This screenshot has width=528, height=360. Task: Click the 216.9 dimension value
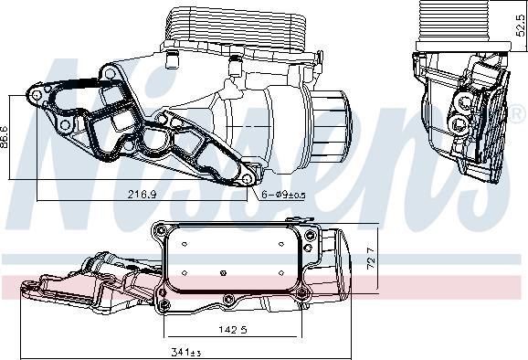click(x=142, y=194)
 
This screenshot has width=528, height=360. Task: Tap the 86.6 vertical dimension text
click(x=4, y=137)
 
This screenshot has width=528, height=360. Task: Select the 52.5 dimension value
click(x=521, y=25)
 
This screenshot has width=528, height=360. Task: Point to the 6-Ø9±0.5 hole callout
click(x=283, y=195)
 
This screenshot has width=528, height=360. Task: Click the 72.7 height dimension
click(x=371, y=259)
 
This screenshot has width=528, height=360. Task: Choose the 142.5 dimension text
click(x=233, y=329)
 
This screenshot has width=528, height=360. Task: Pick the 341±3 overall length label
click(x=186, y=353)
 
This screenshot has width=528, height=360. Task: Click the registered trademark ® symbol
click(x=518, y=114)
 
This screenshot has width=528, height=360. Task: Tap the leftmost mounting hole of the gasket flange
click(x=37, y=95)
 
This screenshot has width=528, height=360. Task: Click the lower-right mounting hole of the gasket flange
click(x=247, y=179)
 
